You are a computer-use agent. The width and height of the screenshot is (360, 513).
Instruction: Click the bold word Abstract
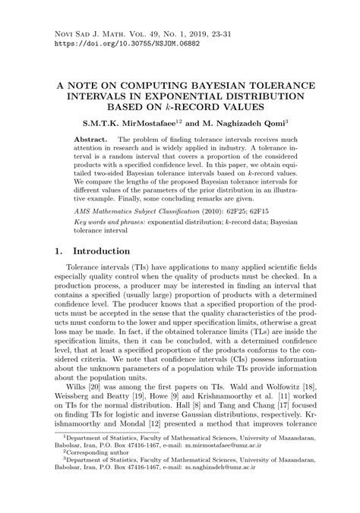pos(90,141)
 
